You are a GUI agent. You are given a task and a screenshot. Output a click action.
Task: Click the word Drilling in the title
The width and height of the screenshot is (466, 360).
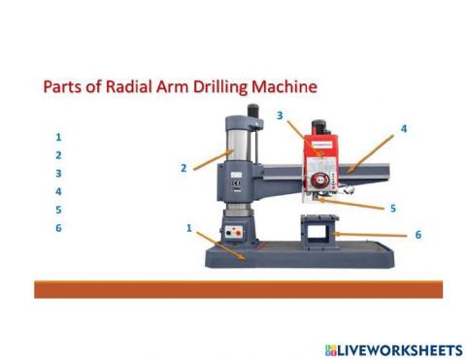[220, 86]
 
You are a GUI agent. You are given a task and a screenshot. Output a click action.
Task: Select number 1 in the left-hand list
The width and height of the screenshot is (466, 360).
[59, 137]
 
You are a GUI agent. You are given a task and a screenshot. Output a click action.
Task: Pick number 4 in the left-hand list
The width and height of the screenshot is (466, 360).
[59, 191]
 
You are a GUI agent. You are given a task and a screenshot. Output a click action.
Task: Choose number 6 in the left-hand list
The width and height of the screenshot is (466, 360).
[59, 228]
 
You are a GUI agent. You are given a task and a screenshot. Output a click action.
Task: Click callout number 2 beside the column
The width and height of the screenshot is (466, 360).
[183, 168]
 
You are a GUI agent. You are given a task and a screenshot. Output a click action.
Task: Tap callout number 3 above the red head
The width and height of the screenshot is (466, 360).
[279, 115]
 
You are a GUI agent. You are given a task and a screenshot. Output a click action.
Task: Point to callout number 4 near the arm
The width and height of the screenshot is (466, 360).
[403, 128]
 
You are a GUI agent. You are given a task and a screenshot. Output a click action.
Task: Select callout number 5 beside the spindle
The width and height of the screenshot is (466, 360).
[392, 208]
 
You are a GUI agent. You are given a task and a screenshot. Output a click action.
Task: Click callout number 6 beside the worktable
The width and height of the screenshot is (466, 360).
[417, 235]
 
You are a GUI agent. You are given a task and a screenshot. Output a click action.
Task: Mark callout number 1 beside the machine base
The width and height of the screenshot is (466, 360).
[188, 228]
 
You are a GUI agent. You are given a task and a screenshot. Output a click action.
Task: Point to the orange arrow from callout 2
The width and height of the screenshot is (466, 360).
[210, 161]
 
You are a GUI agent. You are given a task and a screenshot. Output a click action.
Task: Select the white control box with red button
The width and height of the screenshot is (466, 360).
[234, 234]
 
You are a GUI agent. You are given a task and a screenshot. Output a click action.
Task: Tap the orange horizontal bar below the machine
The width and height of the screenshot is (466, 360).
[238, 289]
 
